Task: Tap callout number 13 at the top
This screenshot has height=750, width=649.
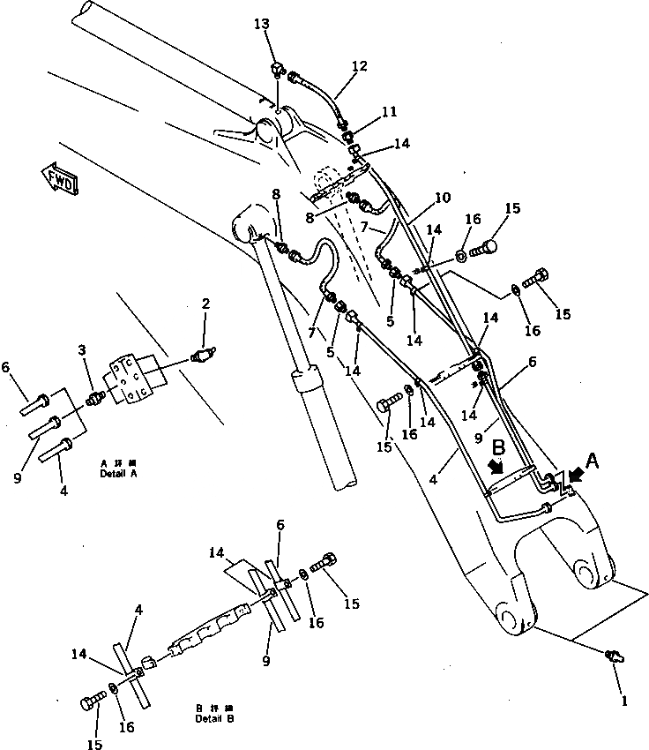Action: [x=262, y=25]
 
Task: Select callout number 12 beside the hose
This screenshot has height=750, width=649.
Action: [x=359, y=66]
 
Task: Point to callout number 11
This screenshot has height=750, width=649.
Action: [x=389, y=112]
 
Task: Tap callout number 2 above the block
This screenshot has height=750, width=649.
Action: [x=205, y=304]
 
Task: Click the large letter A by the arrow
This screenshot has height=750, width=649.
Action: [x=594, y=460]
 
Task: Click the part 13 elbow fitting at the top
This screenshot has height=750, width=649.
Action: [x=277, y=69]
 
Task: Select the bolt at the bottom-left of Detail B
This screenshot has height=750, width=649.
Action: [x=91, y=702]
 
